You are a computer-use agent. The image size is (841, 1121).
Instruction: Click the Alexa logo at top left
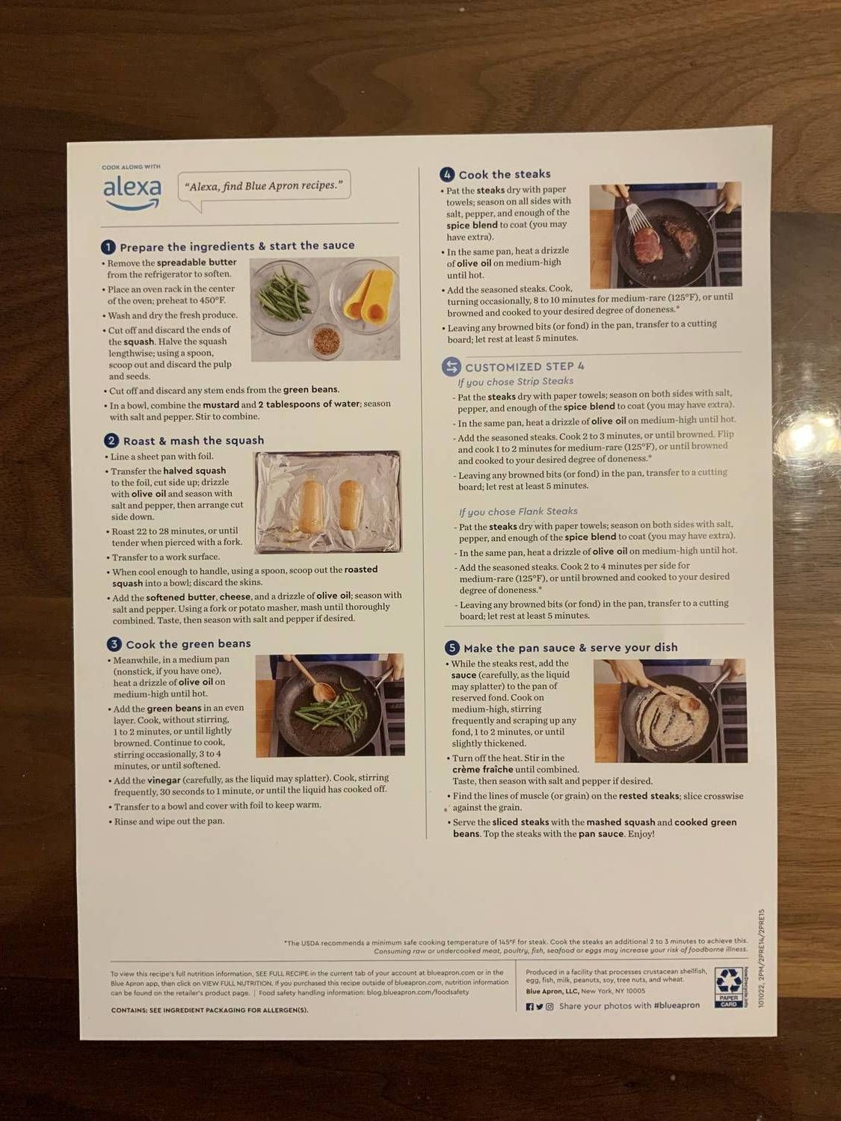coord(132,191)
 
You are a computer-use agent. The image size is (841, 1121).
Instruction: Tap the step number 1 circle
coord(108,247)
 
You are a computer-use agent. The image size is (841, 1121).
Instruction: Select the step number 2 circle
coord(111,441)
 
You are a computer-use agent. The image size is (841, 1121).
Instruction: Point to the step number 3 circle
coord(114,644)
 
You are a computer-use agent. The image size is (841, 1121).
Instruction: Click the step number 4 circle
coord(447,175)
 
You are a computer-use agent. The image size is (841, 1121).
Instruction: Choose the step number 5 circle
coord(452,648)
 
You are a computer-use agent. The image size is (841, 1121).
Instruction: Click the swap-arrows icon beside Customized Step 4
coord(451,367)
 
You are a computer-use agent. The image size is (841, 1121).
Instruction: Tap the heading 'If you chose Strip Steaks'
coord(515,381)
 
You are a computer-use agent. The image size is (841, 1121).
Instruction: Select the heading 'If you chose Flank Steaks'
coord(518,511)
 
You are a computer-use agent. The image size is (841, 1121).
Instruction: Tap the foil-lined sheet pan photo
coord(327,502)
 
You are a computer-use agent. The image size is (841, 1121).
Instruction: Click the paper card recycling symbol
coord(728,987)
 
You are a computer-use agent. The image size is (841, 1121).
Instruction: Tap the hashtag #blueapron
coord(676,1006)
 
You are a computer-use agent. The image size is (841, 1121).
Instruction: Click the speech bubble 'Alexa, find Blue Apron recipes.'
coord(264,187)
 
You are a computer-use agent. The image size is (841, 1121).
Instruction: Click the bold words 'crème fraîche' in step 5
coord(482,769)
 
